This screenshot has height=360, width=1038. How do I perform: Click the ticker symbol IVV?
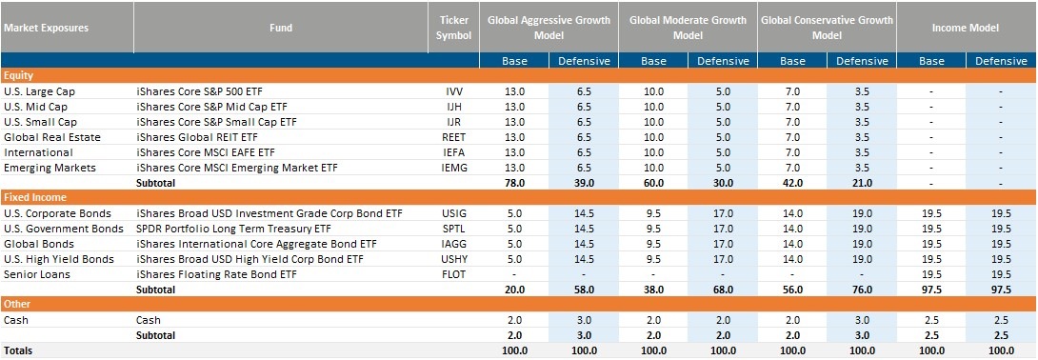pos(454,91)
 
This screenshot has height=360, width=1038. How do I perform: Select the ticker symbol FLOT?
pos(454,274)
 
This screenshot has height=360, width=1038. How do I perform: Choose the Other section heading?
pos(19,305)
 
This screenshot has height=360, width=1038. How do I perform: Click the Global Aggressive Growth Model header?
pos(549,27)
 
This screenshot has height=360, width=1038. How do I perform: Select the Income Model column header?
pos(967,27)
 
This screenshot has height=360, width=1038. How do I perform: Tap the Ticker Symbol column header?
pos(454,27)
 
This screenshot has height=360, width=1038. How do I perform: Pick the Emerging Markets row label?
pos(50,168)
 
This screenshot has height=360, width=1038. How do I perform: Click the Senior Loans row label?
pos(38,274)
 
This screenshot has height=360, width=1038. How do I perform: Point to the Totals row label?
pos(18,350)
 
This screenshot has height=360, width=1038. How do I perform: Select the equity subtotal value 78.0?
pos(515,183)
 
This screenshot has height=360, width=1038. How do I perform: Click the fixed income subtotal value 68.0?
pos(723,290)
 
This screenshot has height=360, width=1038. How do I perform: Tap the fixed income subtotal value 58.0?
pos(585,290)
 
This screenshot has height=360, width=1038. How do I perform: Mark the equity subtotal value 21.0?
pos(862,183)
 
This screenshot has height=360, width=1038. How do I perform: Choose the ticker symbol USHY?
pos(454,259)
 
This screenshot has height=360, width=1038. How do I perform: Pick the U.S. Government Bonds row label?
pos(63,229)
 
